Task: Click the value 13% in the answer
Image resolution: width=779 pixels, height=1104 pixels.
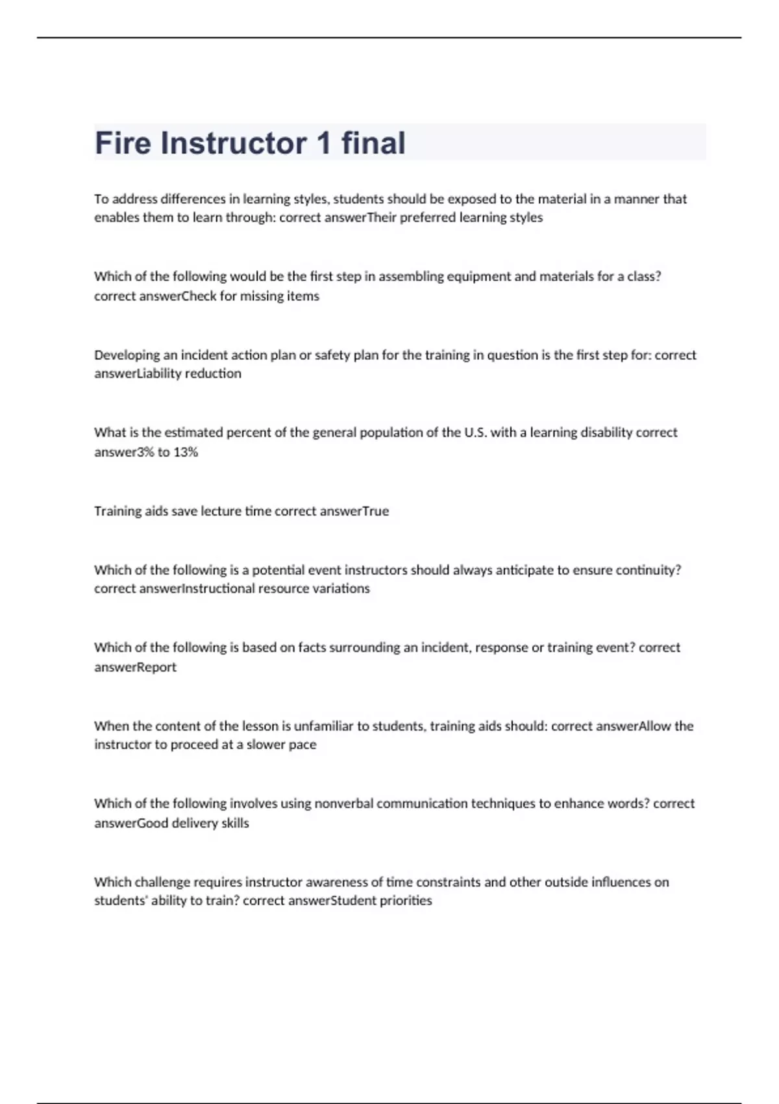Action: (185, 452)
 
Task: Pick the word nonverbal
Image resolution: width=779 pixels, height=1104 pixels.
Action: (343, 803)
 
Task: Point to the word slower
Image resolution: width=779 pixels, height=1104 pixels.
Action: (265, 744)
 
